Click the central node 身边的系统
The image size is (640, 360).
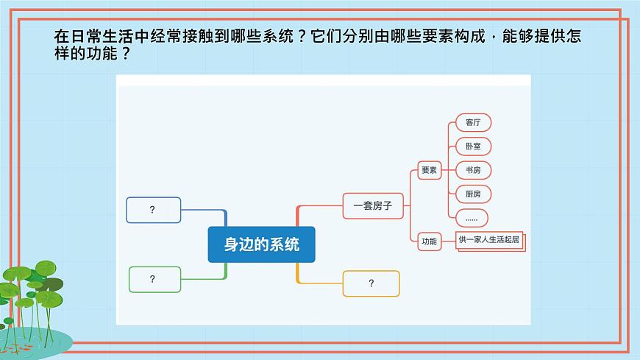click(x=261, y=244)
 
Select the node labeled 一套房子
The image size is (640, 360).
click(x=373, y=206)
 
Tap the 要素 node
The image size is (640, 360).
click(x=429, y=170)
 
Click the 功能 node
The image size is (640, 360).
click(x=429, y=241)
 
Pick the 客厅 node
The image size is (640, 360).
click(x=473, y=122)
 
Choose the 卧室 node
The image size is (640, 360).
click(x=473, y=146)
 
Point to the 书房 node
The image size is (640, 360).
click(x=473, y=170)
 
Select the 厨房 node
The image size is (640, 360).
click(x=473, y=194)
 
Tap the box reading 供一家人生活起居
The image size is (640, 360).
click(x=490, y=239)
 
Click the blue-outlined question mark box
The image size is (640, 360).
click(x=153, y=210)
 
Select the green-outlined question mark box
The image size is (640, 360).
click(x=154, y=279)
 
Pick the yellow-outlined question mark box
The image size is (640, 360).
click(x=371, y=283)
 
